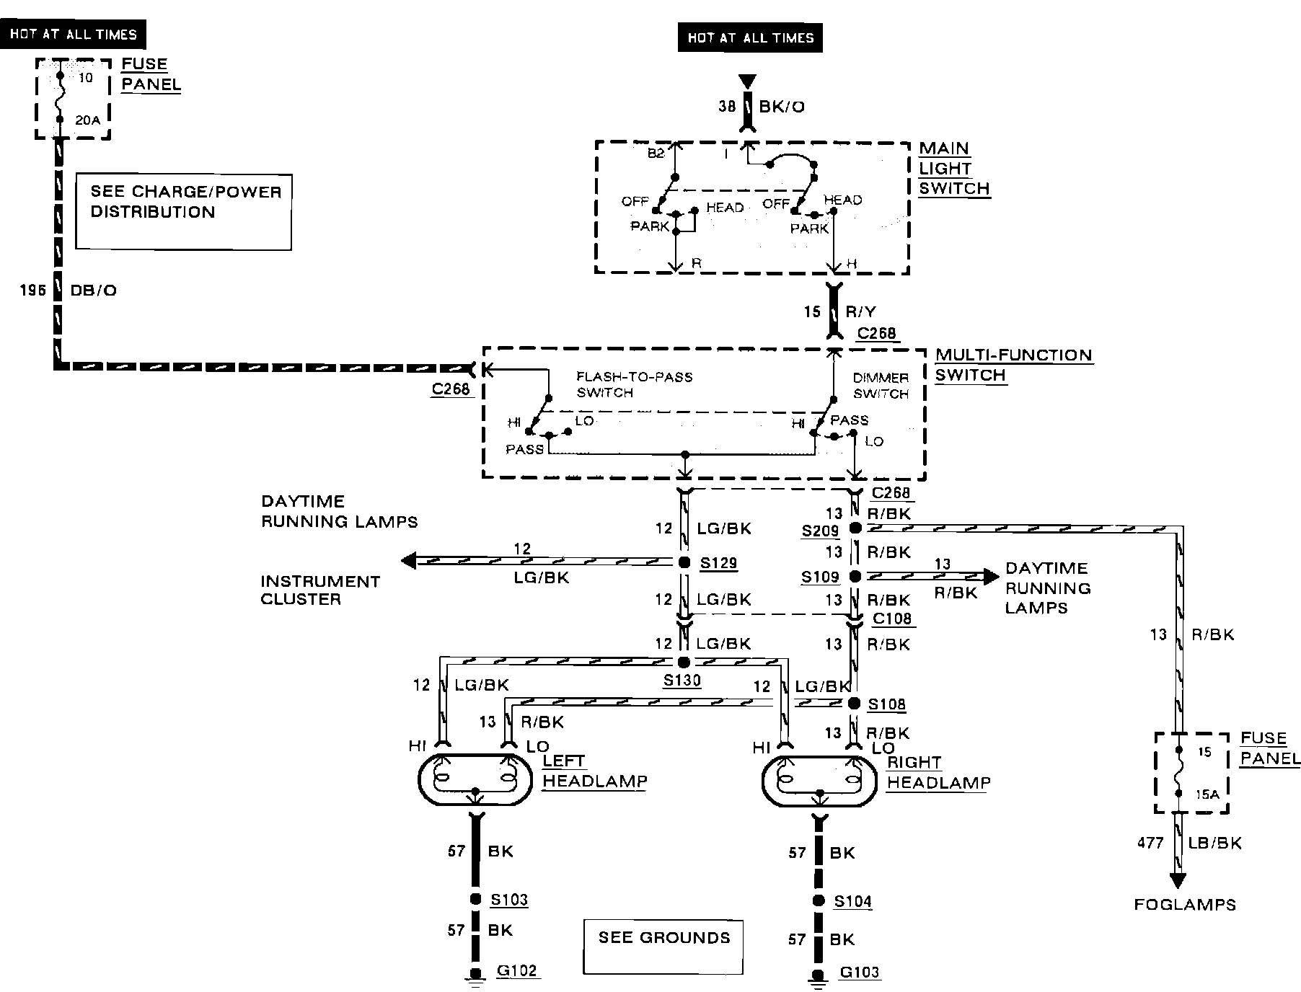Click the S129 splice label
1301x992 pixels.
[719, 562]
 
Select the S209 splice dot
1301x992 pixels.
[855, 528]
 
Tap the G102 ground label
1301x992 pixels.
[517, 970]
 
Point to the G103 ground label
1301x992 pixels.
[860, 972]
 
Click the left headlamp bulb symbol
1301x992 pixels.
[476, 779]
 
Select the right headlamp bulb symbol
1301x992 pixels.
[819, 781]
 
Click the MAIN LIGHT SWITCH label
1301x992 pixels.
[954, 169]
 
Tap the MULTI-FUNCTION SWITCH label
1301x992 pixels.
[1014, 366]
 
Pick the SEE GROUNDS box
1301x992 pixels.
[663, 947]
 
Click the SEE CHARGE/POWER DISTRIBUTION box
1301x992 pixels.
[184, 212]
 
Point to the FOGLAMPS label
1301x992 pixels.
[1185, 905]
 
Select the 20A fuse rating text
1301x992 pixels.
[88, 120]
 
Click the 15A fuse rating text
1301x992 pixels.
[1207, 794]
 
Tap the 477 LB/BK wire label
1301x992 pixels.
[1189, 843]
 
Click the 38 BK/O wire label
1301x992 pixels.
[761, 107]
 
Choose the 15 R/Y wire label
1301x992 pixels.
[839, 311]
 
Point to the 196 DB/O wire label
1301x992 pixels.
[69, 290]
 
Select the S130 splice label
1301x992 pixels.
[682, 680]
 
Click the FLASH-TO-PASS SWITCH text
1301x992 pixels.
[634, 384]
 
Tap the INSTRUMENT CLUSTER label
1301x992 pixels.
[320, 590]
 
